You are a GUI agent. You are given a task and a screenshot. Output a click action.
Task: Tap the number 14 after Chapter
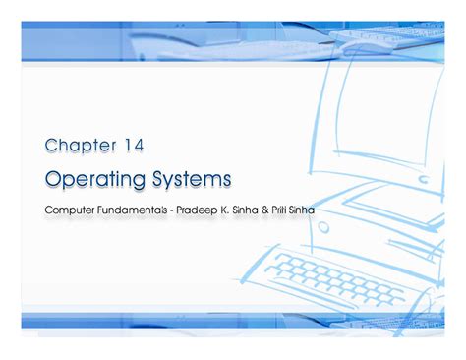tap(133, 146)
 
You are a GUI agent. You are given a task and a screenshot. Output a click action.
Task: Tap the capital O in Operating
tap(53, 179)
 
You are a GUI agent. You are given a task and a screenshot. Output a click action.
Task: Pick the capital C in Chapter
tap(51, 146)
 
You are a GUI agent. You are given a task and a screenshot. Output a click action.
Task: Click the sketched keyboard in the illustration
tap(335, 276)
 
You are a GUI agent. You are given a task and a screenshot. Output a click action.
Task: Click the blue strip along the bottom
tap(233, 321)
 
